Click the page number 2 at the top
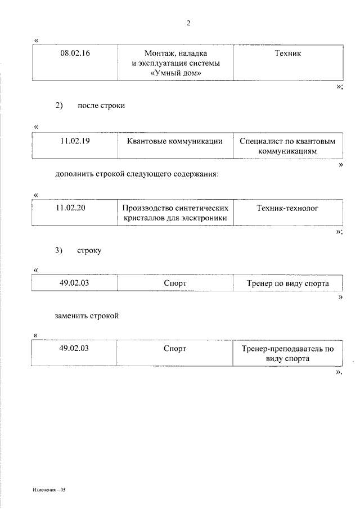[x=188, y=23]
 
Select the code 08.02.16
[x=75, y=53]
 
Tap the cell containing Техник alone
[x=287, y=53]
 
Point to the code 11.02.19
[x=75, y=141]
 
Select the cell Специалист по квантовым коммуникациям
[x=287, y=146]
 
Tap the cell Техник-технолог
[x=287, y=208]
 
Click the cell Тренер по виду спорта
[x=287, y=283]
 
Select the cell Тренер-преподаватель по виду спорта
[x=287, y=353]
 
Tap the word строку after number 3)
[x=89, y=251]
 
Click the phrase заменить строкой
[x=87, y=316]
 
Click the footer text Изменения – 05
[x=49, y=490]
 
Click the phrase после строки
[x=101, y=106]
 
